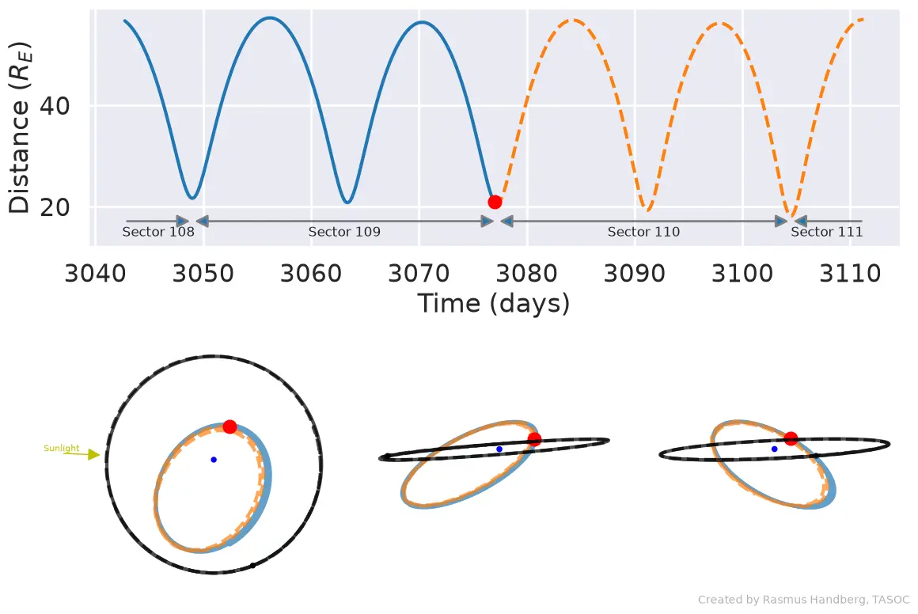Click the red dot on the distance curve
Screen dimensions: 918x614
[495, 202]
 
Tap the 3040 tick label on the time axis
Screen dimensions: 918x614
[95, 273]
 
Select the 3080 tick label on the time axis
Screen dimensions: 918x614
[526, 273]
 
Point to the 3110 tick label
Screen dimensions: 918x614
[850, 273]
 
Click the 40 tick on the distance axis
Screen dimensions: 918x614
[55, 106]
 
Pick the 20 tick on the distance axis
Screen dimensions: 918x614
[55, 207]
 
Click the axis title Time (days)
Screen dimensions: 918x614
[494, 304]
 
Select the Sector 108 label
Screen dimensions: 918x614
[158, 232]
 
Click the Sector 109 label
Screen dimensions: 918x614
[344, 232]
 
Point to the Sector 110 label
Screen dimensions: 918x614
[643, 232]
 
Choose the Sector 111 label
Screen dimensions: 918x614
[827, 232]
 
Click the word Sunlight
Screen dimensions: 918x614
[62, 449]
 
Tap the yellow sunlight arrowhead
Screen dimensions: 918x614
[93, 454]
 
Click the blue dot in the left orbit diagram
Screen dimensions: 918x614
[214, 460]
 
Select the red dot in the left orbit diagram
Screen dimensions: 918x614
[229, 426]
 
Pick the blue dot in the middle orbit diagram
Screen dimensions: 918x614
[499, 449]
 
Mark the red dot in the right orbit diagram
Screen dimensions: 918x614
[791, 438]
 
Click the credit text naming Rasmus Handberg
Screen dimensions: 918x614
[803, 600]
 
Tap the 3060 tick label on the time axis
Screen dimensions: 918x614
[311, 273]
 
